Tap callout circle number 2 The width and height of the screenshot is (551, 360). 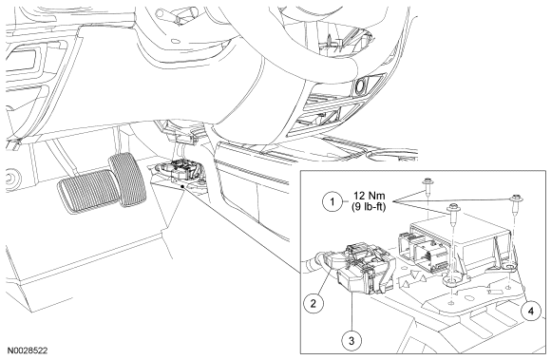point(313,303)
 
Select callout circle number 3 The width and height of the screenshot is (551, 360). point(352,340)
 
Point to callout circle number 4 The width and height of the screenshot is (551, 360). point(531,311)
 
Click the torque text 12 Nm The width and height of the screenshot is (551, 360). point(369,196)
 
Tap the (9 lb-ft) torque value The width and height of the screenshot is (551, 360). point(369,207)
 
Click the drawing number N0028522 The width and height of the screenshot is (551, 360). point(28,351)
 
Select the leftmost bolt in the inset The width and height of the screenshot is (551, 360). point(427,186)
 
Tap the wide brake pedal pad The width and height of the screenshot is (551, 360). point(89,191)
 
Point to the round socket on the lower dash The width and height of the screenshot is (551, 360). point(361,85)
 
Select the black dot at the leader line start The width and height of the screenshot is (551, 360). point(181,186)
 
